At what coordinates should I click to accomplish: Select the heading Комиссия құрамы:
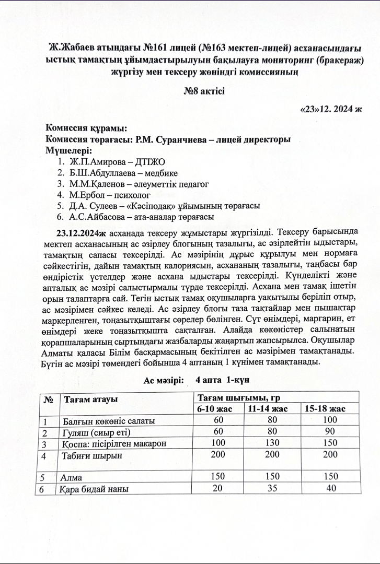[86, 128]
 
